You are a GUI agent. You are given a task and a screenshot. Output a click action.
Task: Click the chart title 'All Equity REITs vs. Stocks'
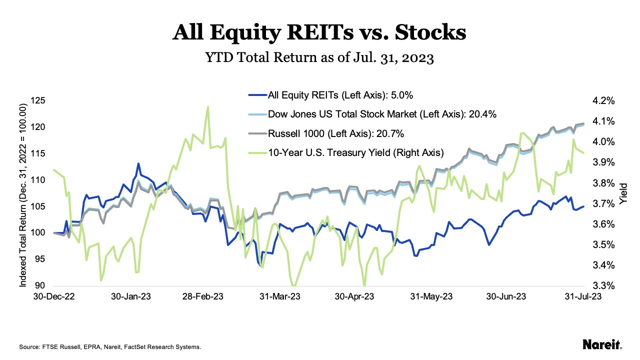tap(319, 33)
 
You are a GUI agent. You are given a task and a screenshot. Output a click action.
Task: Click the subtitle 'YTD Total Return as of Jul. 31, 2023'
tap(319, 58)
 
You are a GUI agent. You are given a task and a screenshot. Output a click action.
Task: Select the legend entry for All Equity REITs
tap(330, 95)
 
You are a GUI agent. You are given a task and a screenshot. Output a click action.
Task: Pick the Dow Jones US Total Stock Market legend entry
tap(372, 114)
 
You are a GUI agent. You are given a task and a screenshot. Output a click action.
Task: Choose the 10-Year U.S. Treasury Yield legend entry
tap(345, 152)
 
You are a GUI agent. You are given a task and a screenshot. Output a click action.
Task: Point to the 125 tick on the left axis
tap(39, 100)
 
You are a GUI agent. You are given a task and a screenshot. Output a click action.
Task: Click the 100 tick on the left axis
tap(39, 233)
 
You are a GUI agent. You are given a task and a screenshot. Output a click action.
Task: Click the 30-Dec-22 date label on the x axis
tap(53, 296)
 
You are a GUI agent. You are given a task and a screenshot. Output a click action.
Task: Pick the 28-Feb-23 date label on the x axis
tap(203, 296)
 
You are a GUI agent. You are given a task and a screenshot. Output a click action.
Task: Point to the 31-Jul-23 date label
tap(579, 296)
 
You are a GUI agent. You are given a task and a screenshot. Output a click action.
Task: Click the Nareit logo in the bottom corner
tap(602, 345)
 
